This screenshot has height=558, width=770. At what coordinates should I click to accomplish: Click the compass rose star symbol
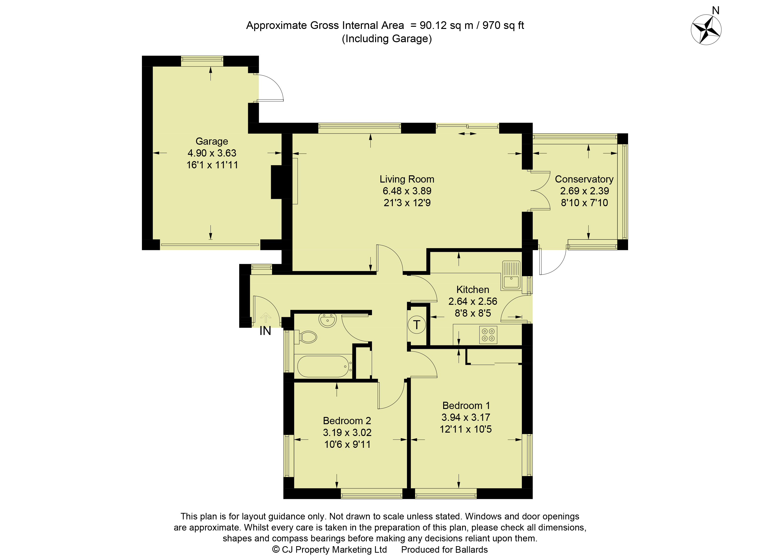(x=706, y=30)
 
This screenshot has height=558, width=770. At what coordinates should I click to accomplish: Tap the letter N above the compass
(x=716, y=11)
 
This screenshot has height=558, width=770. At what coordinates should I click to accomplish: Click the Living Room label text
(x=407, y=179)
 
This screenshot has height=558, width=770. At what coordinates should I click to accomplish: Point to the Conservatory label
(x=584, y=179)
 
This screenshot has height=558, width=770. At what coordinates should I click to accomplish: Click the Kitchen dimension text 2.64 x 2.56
(x=473, y=301)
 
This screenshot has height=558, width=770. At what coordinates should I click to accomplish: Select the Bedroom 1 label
(x=466, y=405)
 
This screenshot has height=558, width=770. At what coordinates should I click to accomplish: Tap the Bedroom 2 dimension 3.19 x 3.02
(x=347, y=433)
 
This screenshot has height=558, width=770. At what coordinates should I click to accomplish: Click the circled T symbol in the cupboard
(x=417, y=325)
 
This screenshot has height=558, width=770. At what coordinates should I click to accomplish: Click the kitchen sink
(x=511, y=275)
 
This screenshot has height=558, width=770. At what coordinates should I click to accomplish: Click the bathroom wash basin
(x=328, y=320)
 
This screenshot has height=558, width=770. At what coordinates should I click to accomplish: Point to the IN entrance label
(x=265, y=331)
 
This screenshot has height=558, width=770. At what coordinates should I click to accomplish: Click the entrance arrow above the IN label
(x=266, y=318)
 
